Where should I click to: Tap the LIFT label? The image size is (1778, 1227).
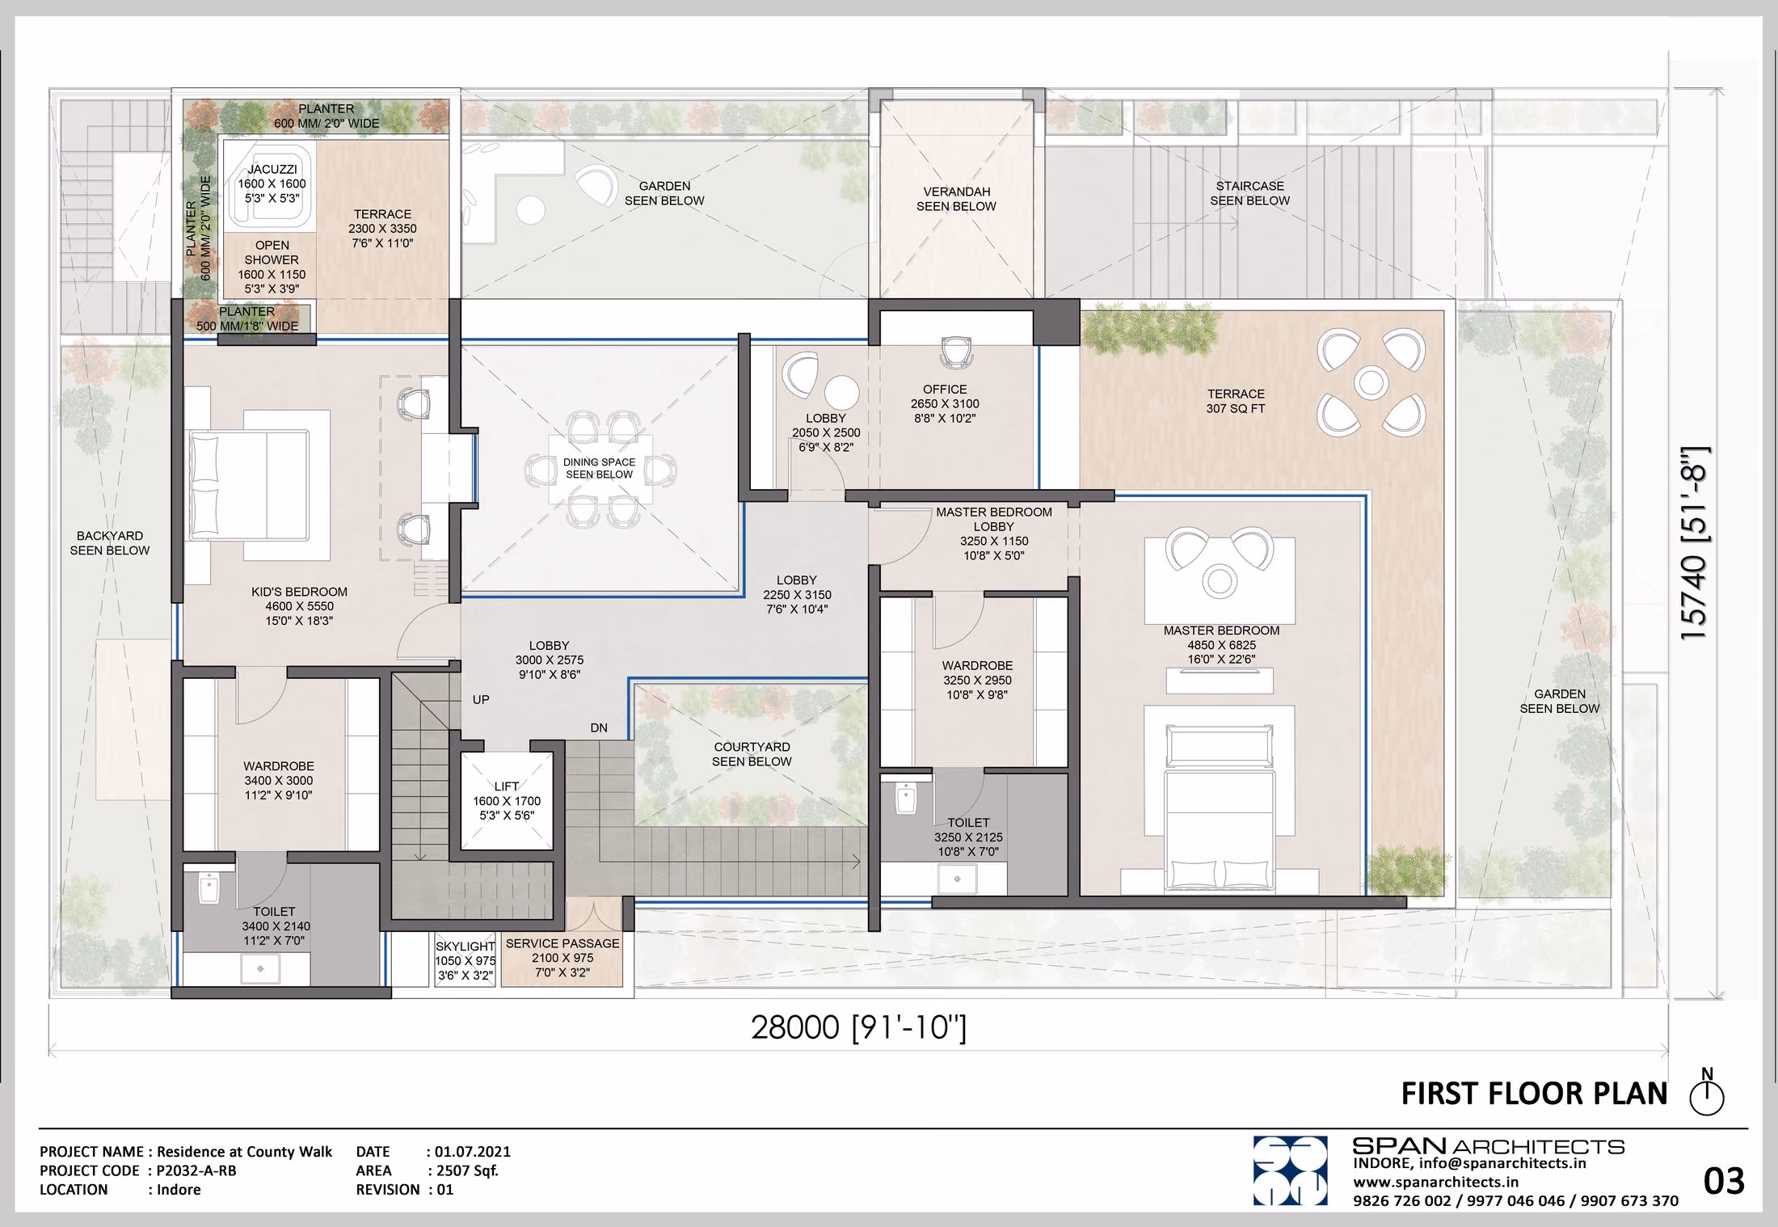507,786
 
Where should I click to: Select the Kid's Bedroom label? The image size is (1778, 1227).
299,592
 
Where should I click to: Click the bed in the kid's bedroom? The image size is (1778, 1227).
248,485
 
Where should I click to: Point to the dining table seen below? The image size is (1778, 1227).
600,469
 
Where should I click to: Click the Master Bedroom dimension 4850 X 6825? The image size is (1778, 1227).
1221,645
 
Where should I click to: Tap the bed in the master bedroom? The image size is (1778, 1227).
1220,808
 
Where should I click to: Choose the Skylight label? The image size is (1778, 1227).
465,947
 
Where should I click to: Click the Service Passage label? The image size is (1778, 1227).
562,943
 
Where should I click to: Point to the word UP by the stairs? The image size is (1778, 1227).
481,699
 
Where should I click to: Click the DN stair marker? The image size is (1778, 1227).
599,727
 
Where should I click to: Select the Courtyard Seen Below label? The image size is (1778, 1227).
752,754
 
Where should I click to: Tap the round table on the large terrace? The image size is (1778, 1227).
1371,382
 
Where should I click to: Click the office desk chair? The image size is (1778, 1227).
956,351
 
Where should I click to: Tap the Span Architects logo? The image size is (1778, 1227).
1290,1170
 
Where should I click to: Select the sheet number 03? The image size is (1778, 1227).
1724,1182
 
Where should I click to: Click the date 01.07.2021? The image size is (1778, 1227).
473,1152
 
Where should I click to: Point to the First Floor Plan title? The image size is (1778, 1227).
1534,1094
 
